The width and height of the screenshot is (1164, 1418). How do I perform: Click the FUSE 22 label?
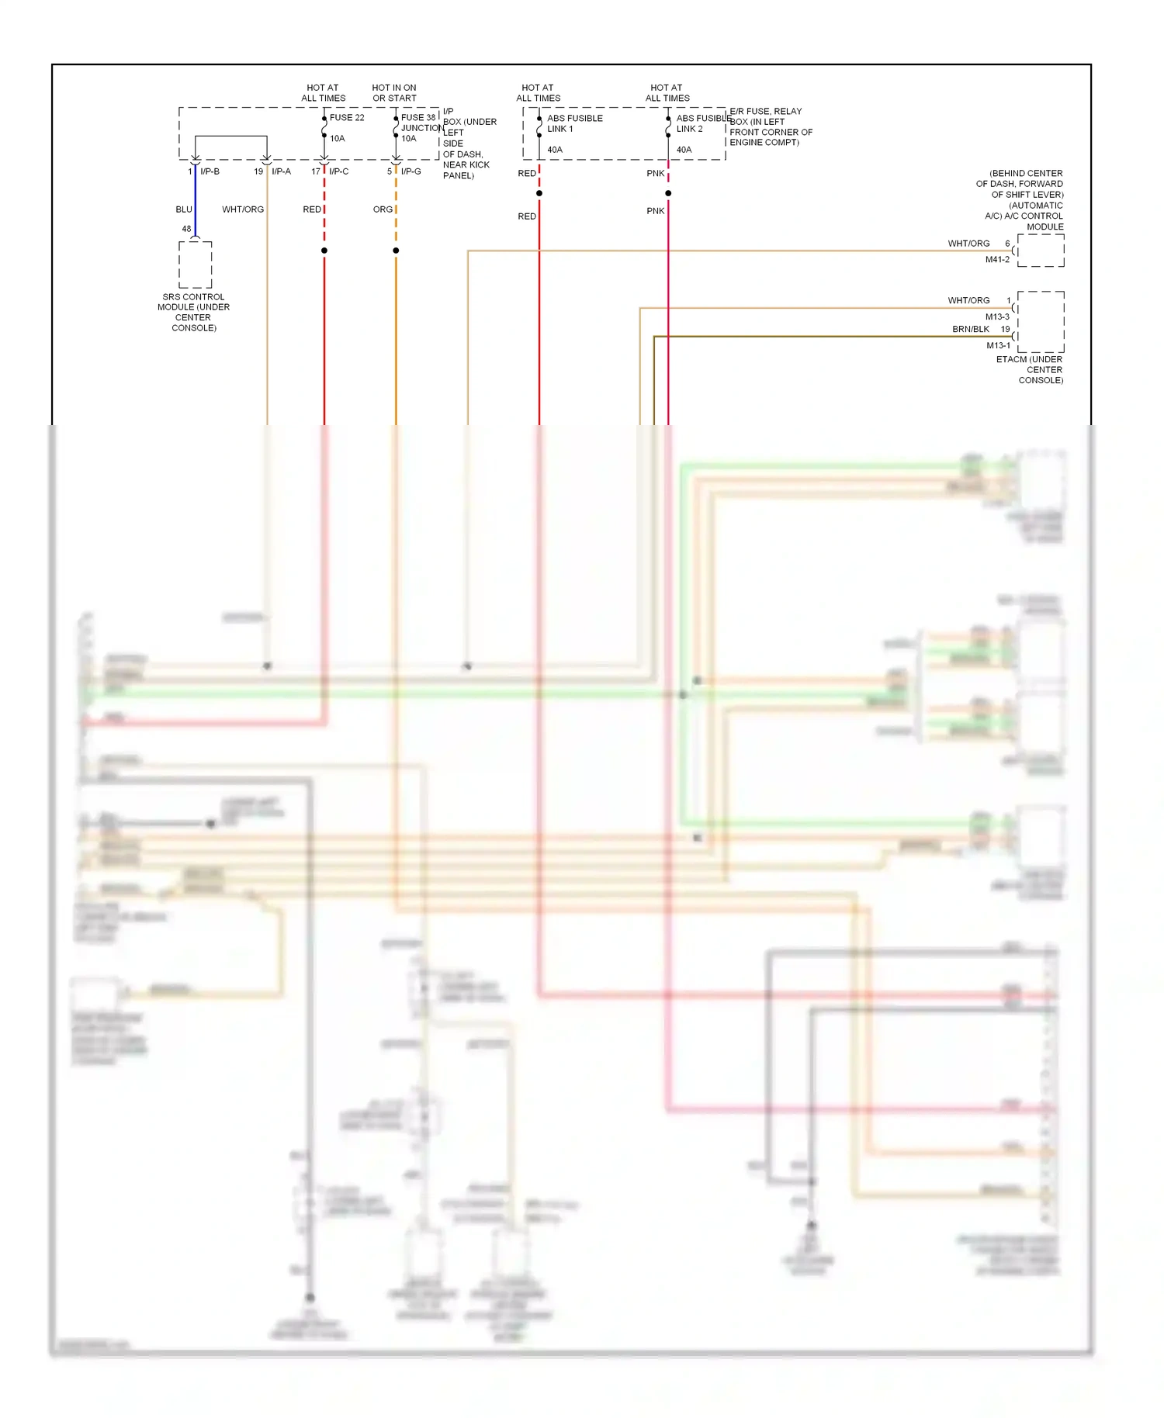346,118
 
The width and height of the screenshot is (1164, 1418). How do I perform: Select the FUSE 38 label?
418,118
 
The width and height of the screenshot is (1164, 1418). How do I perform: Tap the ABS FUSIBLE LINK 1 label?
574,123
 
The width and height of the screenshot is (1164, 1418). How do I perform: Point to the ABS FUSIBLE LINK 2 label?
703,123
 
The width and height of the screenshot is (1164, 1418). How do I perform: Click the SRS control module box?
195,265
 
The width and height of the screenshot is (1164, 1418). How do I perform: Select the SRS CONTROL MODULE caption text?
193,312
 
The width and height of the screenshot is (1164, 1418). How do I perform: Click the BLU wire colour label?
183,209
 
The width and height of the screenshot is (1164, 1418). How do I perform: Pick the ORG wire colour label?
383,209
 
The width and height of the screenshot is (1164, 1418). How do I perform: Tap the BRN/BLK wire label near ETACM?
970,329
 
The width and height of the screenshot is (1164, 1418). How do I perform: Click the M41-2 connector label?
997,259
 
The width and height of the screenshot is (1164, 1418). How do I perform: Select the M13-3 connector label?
997,316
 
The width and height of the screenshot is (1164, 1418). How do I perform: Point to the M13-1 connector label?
998,345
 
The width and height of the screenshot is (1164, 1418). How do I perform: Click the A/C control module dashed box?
1041,251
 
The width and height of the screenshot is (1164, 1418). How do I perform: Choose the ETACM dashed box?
1041,322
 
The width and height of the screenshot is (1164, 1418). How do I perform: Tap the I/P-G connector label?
411,171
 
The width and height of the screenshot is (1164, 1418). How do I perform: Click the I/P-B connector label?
210,171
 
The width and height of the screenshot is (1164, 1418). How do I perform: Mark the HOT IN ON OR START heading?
394,93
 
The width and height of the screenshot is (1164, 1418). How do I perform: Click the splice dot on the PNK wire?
668,193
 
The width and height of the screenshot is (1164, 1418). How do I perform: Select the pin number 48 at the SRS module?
186,229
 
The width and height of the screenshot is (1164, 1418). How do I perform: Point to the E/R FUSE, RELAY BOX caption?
771,126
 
